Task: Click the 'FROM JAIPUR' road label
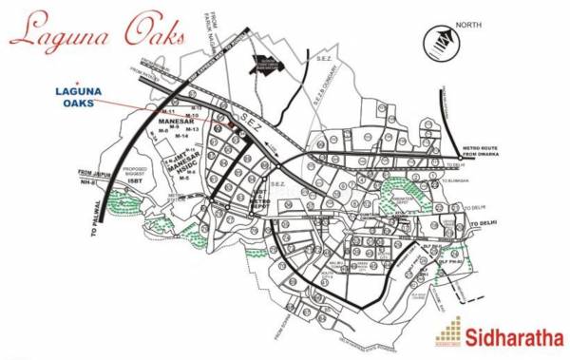coord(96,172)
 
